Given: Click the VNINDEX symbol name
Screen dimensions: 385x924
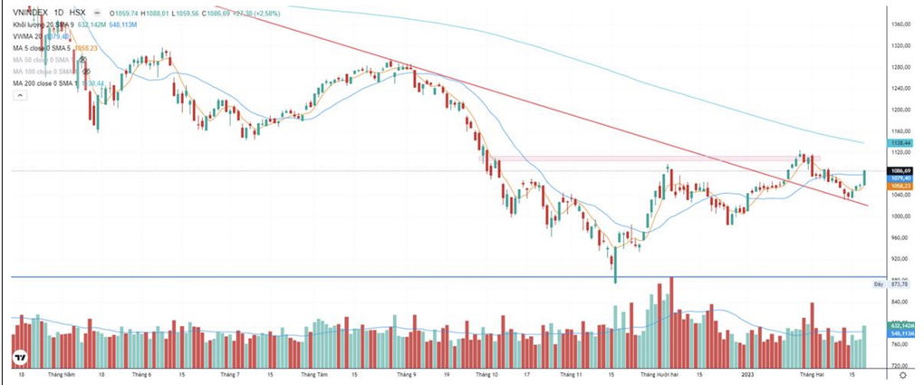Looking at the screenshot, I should click(30, 13).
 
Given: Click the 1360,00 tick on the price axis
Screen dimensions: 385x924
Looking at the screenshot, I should click(900, 24).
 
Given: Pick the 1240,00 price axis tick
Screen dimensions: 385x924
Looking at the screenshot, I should click(900, 88).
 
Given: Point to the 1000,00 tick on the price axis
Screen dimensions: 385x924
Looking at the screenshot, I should click(900, 217).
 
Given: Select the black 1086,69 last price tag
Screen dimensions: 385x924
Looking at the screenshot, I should click(900, 170).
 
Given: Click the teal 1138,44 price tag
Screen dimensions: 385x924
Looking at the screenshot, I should click(900, 142).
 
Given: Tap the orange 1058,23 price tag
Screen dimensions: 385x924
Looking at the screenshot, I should click(900, 187).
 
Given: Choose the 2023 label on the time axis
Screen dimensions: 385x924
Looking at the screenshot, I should click(748, 373).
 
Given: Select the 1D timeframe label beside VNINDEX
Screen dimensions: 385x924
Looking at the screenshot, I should click(59, 13).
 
